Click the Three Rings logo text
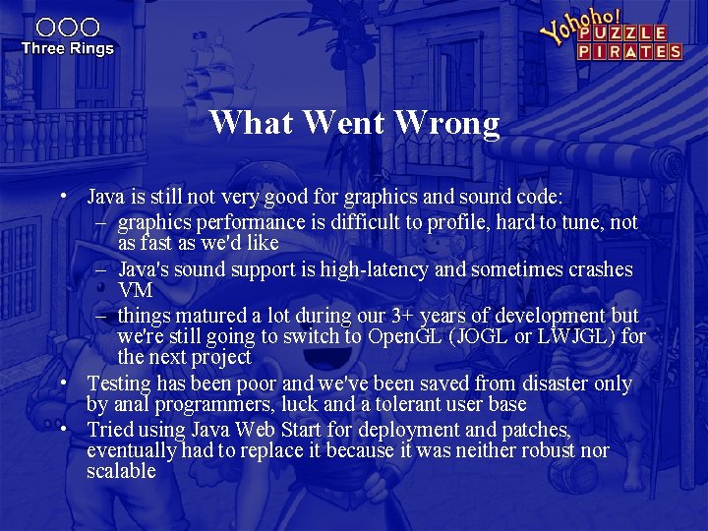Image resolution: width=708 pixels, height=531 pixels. pyautogui.click(x=67, y=48)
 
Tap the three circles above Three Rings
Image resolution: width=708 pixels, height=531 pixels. pyautogui.click(x=67, y=28)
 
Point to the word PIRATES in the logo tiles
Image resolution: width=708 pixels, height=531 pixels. pyautogui.click(x=629, y=51)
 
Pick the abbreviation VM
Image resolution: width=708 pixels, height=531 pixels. pyautogui.click(x=134, y=290)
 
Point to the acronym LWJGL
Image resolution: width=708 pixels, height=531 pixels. pyautogui.click(x=581, y=336)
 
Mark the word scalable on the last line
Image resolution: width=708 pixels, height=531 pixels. pyautogui.click(x=121, y=471)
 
